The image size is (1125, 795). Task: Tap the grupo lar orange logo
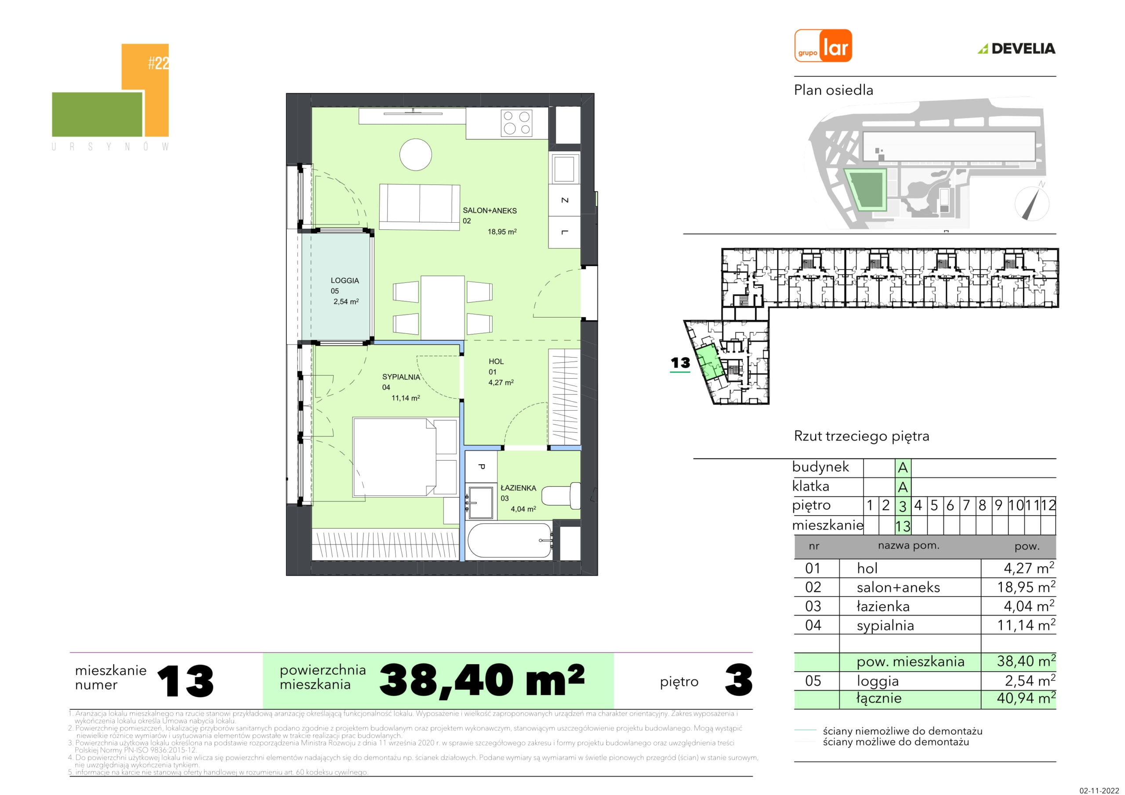pyautogui.click(x=823, y=46)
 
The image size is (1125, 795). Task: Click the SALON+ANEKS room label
pyautogui.click(x=490, y=211)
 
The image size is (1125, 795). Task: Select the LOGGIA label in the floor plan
pyautogui.click(x=345, y=281)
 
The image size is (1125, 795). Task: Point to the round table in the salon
pyautogui.click(x=416, y=154)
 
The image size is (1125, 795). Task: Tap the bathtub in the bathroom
pyautogui.click(x=510, y=541)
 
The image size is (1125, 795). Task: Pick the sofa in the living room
pyautogui.click(x=419, y=207)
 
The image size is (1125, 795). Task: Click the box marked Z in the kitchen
pyautogui.click(x=564, y=200)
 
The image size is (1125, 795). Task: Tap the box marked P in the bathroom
pyautogui.click(x=481, y=467)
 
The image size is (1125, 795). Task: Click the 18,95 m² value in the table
pyautogui.click(x=1026, y=587)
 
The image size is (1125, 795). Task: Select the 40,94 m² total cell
pyautogui.click(x=1026, y=698)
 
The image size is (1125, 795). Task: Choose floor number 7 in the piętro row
pyautogui.click(x=966, y=506)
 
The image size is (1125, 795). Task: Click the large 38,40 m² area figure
pyautogui.click(x=482, y=680)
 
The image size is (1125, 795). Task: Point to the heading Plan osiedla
pyautogui.click(x=834, y=90)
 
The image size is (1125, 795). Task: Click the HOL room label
pyautogui.click(x=496, y=361)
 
